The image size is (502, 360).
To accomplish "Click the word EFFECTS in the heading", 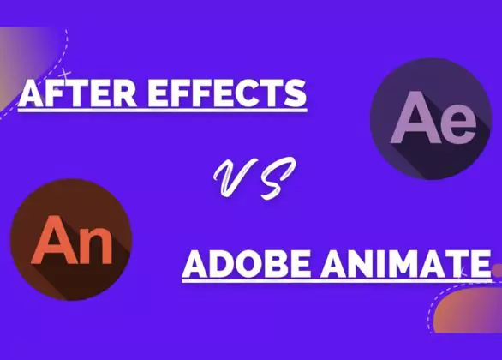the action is (x=227, y=93).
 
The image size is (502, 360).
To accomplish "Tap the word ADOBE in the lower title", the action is (x=248, y=264).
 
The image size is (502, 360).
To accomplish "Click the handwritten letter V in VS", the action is (x=234, y=177).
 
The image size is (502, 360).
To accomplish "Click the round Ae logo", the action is (x=431, y=118).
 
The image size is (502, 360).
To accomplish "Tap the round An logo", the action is (x=71, y=240).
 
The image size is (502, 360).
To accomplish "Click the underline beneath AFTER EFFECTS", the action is (x=162, y=111).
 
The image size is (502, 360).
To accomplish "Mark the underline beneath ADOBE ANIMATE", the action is (x=337, y=281).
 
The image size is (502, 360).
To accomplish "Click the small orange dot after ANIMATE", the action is (x=497, y=270).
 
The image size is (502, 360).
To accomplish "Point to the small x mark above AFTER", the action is (x=66, y=75).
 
